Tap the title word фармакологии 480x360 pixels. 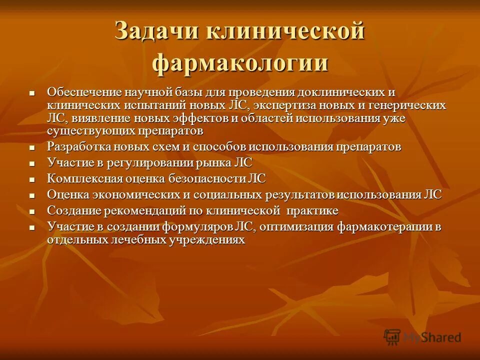point(240,64)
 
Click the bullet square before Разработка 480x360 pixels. point(32,148)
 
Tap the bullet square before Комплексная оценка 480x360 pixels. point(32,179)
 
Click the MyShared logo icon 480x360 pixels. point(392,336)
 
